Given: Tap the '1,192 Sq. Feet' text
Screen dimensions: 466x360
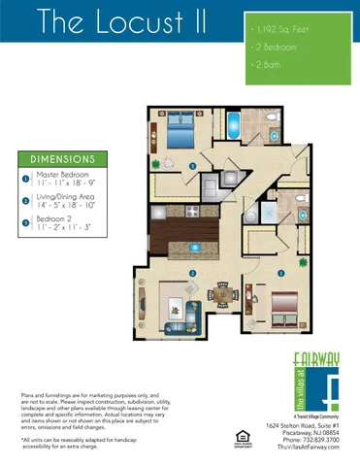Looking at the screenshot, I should pyautogui.click(x=280, y=31).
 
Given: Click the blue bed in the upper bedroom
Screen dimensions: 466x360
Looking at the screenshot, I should pyautogui.click(x=181, y=125).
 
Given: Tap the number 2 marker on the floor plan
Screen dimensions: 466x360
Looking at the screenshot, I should pyautogui.click(x=193, y=273).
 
